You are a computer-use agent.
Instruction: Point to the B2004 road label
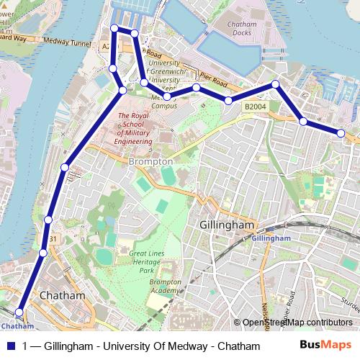[x=254, y=107]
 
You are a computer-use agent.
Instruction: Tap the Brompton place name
[x=150, y=162]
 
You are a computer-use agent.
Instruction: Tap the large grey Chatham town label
[x=62, y=295]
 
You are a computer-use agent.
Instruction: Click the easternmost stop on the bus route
[x=341, y=132]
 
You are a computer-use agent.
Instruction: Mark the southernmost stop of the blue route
[x=19, y=312]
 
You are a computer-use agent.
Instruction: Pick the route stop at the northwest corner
[x=114, y=28]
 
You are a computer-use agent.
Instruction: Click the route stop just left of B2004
[x=228, y=100]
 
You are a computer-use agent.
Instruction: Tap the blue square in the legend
[x=10, y=346]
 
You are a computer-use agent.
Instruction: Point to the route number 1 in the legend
[x=26, y=346]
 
